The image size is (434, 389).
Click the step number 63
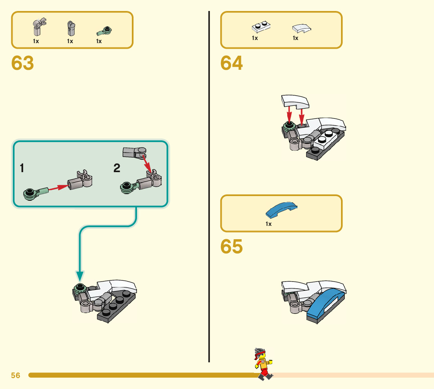click(x=23, y=64)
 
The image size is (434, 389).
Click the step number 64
click(x=232, y=64)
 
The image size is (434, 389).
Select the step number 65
click(x=232, y=247)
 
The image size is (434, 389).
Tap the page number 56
click(x=16, y=375)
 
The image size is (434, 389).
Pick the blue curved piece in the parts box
click(x=282, y=210)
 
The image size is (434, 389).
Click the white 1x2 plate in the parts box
click(x=261, y=27)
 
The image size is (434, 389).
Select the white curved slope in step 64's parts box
click(x=302, y=28)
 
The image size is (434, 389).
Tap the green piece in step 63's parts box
click(x=104, y=30)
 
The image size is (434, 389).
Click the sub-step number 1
click(x=22, y=169)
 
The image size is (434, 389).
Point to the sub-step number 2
click(x=117, y=169)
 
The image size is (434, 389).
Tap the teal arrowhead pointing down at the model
click(x=80, y=276)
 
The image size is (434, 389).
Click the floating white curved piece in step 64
click(x=295, y=102)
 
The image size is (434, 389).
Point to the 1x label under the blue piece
click(x=268, y=224)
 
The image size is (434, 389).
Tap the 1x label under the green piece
click(x=99, y=41)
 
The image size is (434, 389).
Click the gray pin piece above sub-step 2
click(x=134, y=152)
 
